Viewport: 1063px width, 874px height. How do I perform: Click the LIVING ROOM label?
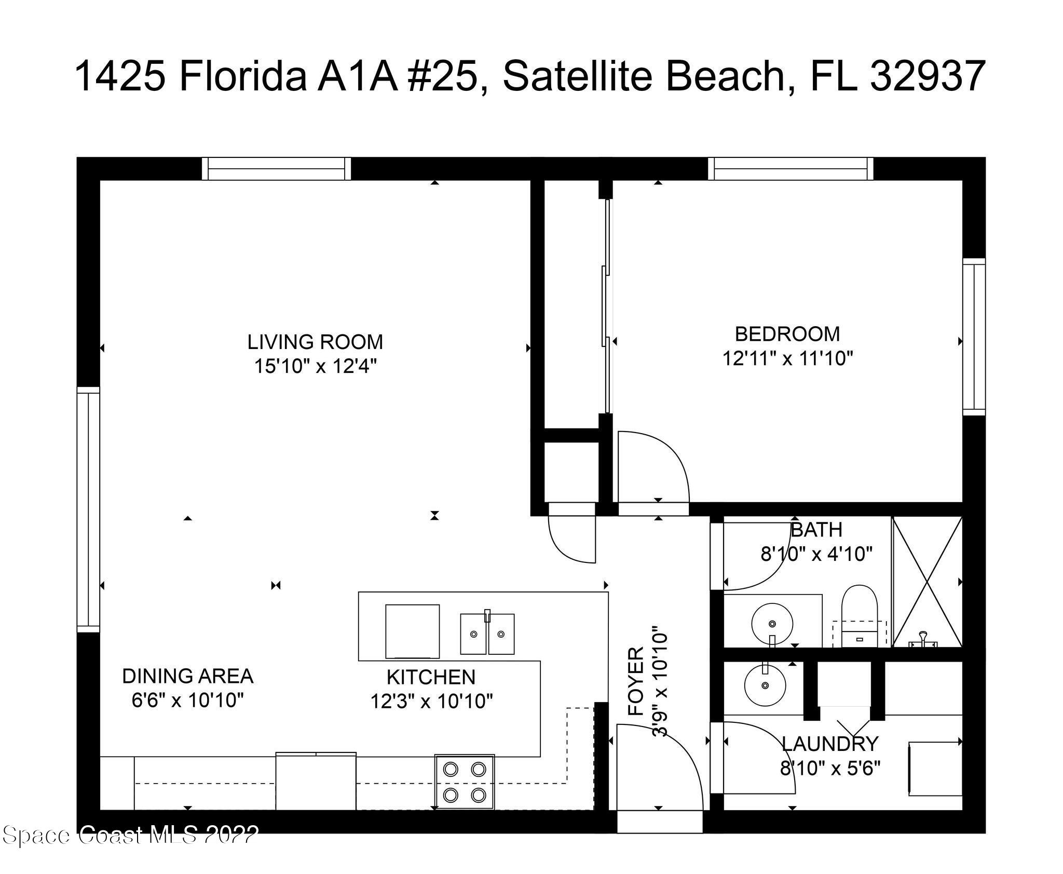tap(315, 342)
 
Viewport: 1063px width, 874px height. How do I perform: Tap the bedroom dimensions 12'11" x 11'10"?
tap(788, 358)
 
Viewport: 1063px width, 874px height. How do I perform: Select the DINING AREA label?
tap(187, 676)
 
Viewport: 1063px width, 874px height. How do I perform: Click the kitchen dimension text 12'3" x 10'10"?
tap(431, 702)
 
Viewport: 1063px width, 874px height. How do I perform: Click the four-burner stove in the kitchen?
tap(465, 782)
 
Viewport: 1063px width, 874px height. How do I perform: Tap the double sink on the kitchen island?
tap(487, 634)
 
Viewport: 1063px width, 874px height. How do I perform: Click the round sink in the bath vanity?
tap(772, 623)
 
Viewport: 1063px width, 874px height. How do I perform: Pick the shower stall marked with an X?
tap(927, 582)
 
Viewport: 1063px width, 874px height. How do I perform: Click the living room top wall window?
tap(276, 169)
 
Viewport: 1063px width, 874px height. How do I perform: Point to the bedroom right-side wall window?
tap(974, 337)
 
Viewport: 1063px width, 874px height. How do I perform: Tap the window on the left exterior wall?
tap(88, 509)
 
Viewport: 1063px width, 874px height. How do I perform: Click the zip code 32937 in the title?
tap(927, 76)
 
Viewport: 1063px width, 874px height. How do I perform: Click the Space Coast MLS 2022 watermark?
tap(130, 835)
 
